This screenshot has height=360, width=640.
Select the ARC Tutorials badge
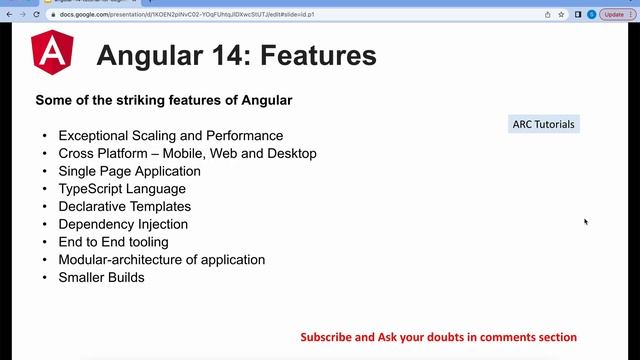point(543,124)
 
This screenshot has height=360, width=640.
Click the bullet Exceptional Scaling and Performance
point(170,135)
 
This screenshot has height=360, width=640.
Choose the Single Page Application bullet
point(129,171)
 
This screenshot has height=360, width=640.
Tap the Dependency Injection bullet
point(123,224)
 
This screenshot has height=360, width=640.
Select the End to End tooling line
point(113,242)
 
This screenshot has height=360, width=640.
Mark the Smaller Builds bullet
point(101,277)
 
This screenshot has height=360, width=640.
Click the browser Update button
point(613,14)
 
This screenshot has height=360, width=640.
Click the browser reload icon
point(37,14)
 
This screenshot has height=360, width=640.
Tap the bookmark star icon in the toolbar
point(562,14)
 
